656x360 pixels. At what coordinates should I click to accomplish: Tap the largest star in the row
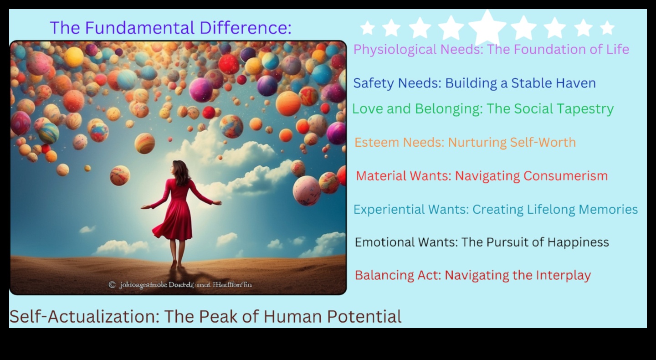(487, 27)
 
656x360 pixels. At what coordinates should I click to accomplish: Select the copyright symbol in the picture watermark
(112, 285)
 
